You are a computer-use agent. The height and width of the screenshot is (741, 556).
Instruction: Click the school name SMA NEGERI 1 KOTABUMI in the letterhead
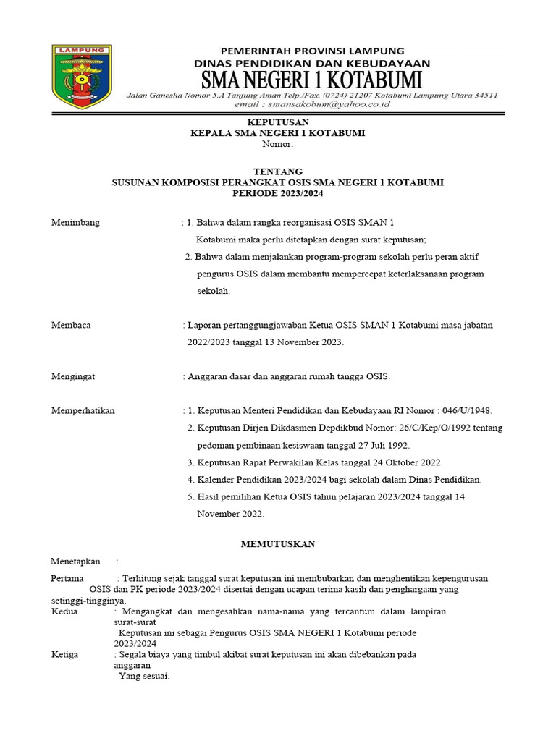[x=312, y=79]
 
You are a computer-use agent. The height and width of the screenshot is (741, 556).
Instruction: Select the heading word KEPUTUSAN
[x=277, y=121]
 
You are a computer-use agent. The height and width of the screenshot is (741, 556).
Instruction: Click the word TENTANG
[x=277, y=171]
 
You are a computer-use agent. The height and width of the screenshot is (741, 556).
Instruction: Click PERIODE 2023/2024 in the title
[x=277, y=194]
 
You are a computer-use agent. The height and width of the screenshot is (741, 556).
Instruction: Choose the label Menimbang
[x=75, y=222]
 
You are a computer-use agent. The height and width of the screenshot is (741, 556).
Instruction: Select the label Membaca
[x=71, y=326]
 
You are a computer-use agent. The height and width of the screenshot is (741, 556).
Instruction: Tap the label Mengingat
[x=74, y=376]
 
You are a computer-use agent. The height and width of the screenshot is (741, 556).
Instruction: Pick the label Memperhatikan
[x=83, y=411]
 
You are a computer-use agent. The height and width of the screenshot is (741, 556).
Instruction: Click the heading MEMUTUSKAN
[x=277, y=543]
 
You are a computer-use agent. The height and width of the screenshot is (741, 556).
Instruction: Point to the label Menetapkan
[x=75, y=562]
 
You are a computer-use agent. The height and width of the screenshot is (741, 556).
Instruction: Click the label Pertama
[x=67, y=578]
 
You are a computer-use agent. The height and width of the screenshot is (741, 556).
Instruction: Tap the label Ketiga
[x=65, y=654]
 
